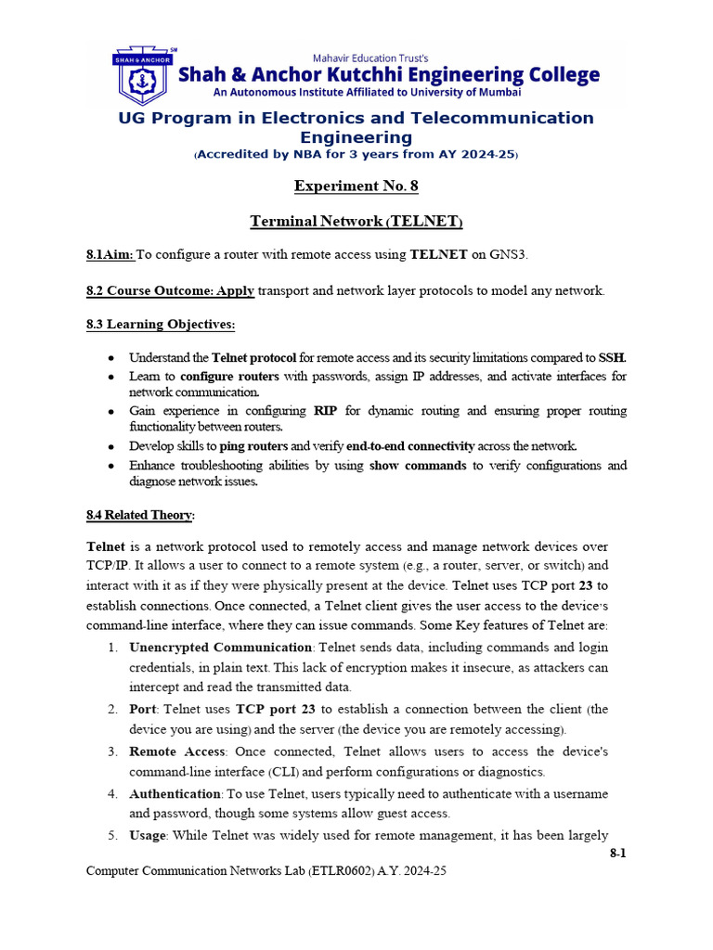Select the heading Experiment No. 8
click(356, 186)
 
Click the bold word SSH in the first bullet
click(612, 357)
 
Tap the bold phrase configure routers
click(229, 376)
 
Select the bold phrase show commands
click(418, 465)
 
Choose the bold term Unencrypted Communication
click(220, 647)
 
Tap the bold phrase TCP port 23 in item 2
click(276, 709)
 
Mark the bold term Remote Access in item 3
click(176, 751)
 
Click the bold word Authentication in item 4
click(174, 793)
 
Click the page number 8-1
click(617, 853)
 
